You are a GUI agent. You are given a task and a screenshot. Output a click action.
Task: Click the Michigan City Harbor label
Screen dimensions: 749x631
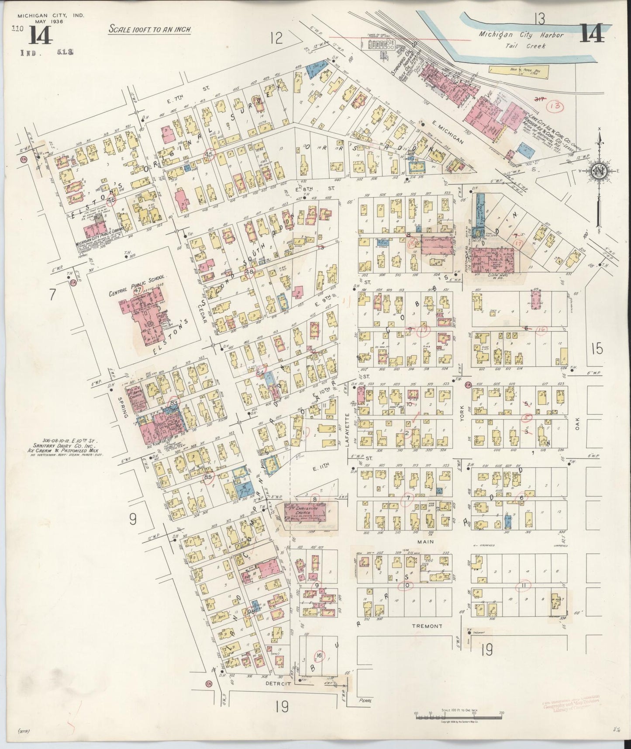(x=521, y=35)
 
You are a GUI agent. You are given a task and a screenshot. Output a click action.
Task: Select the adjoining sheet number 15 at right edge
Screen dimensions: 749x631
(x=597, y=349)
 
